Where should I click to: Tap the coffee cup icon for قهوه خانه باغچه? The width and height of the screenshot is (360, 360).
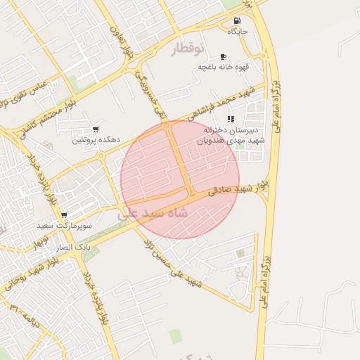[x=223, y=56]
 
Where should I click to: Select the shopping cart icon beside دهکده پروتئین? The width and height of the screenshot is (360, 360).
[x=96, y=129]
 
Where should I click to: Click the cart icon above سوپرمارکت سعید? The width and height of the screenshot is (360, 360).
[x=65, y=216]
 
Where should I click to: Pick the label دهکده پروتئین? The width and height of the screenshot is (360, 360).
[x=96, y=140]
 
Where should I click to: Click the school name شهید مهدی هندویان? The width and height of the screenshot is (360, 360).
[x=233, y=141]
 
